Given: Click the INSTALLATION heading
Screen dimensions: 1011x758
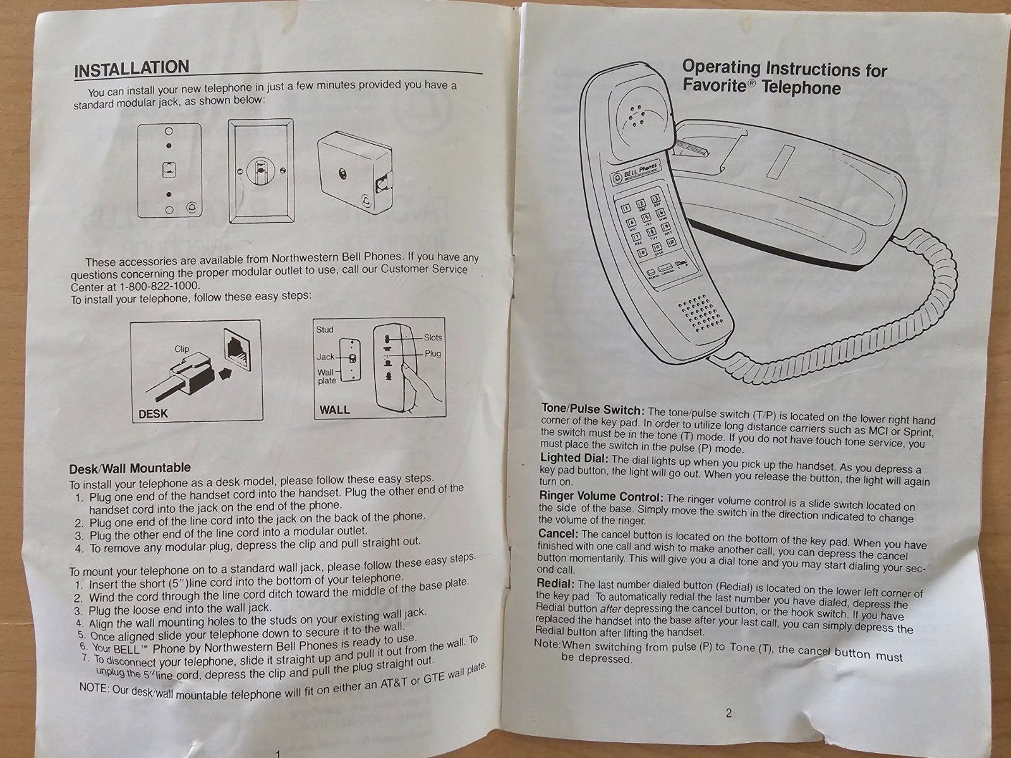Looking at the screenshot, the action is point(131,68).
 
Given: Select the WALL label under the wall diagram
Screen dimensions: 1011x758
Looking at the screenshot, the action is point(334,409).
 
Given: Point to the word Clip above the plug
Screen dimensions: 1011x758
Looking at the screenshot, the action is point(182,349).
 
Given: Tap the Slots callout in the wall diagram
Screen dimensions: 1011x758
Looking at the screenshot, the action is point(433,338).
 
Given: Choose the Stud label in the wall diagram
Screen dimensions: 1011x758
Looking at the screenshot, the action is point(325,330).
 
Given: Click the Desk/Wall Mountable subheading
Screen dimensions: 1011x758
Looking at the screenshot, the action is point(129,468).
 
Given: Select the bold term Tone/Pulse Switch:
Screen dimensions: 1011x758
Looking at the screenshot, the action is point(592,410).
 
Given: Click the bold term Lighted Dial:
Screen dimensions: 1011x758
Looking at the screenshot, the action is point(574,458).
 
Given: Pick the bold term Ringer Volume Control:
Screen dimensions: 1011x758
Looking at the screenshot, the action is point(601,496).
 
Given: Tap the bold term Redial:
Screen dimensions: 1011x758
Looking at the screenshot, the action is point(555,583).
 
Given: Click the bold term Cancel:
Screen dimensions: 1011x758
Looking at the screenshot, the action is point(558,534).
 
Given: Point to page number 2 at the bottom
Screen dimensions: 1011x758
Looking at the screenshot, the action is point(729,714).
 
